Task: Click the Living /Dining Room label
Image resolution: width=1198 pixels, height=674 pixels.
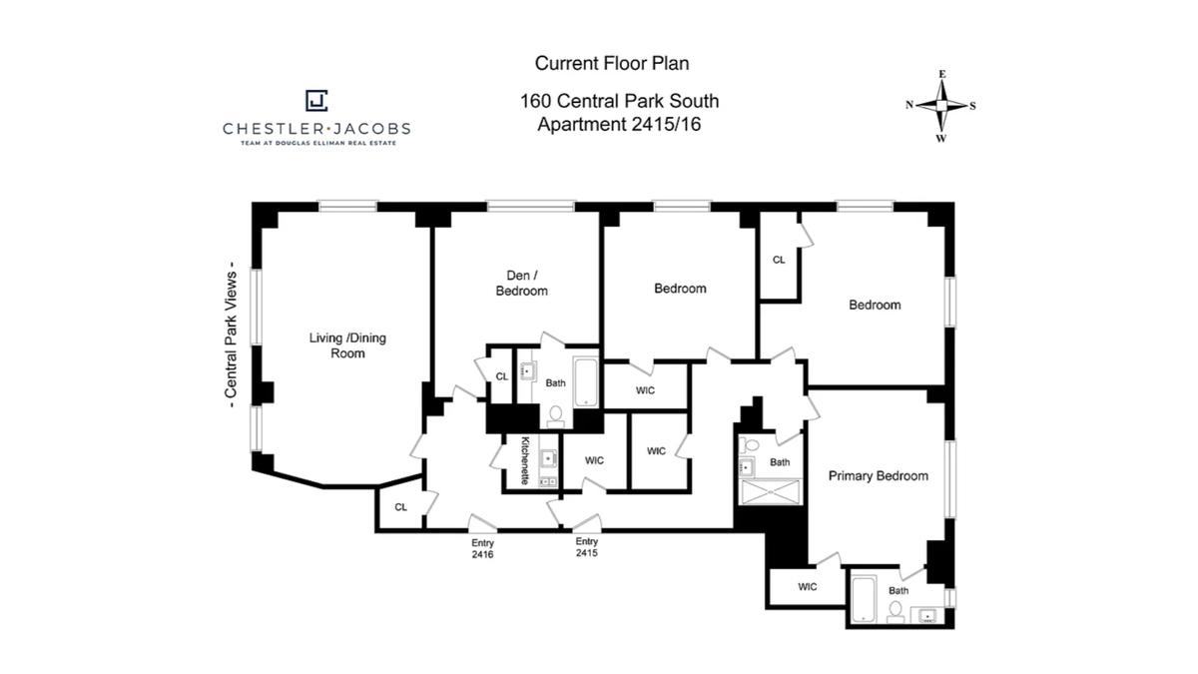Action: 347,345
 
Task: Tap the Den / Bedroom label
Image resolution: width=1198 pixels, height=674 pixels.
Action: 521,283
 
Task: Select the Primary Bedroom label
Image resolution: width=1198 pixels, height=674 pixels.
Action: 879,476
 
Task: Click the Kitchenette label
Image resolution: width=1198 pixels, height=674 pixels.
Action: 525,460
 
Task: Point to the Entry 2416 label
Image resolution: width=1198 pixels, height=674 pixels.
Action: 482,549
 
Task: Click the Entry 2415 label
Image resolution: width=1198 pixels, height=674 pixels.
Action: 587,547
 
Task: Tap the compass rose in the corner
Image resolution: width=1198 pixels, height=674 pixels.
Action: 941,106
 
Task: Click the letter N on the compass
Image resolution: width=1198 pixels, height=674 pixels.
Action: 909,105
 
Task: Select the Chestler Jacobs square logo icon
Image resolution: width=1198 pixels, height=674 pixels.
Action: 316,101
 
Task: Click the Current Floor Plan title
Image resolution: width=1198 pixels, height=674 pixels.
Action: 612,63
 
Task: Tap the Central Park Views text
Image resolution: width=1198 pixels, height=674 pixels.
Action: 231,335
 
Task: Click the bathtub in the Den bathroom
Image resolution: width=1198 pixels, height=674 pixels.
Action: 586,382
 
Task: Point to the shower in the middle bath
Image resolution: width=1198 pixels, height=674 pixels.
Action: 771,492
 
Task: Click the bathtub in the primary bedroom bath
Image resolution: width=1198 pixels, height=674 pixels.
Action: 864,599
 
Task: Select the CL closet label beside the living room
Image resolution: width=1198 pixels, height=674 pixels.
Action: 400,507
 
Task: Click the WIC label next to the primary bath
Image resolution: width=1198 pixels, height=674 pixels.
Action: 807,587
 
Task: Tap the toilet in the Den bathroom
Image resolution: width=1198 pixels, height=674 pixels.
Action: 556,416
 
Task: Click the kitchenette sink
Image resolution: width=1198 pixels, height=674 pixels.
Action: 548,458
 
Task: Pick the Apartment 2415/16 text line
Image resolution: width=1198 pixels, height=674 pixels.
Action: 619,124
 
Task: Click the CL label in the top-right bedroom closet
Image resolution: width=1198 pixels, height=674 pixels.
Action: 779,260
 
